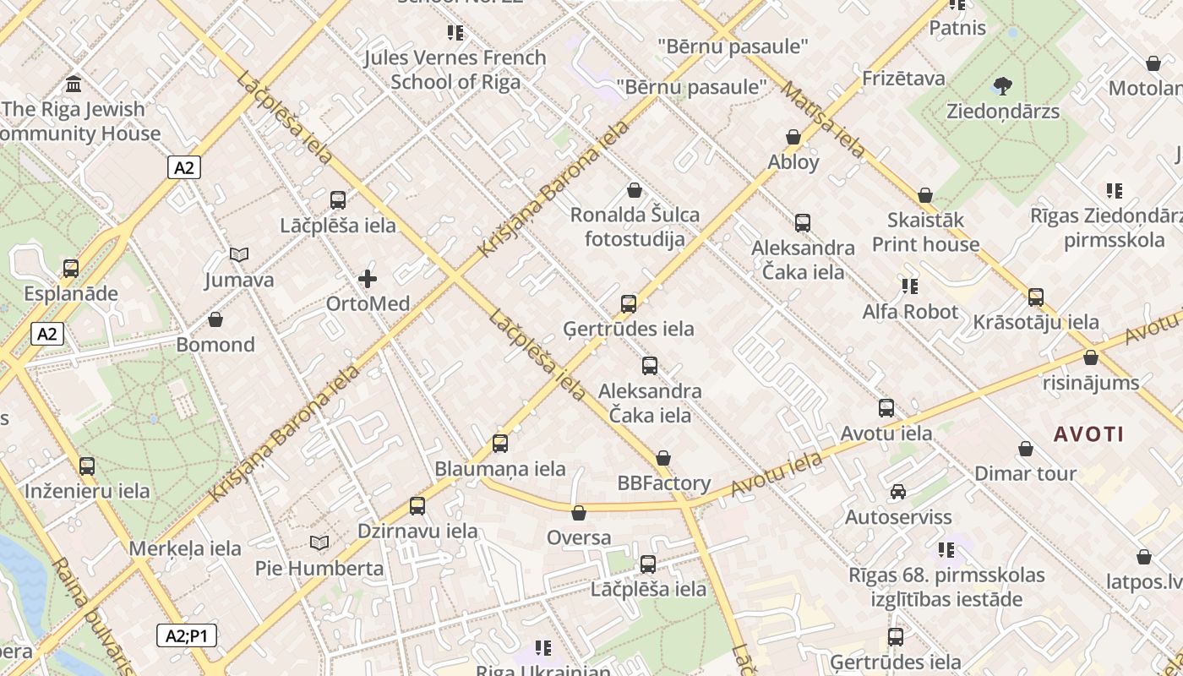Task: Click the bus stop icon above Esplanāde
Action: [x=71, y=269]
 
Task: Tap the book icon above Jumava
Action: [x=239, y=254]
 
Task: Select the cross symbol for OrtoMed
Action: [x=368, y=278]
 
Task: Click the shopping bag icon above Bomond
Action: [x=215, y=319]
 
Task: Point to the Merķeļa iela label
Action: [x=185, y=548]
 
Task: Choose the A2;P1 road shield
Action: [x=187, y=635]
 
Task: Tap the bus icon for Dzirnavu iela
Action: [x=417, y=506]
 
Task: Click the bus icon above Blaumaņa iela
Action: [x=500, y=444]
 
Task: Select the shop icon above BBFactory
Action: [x=663, y=458]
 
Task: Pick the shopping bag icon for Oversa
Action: [x=579, y=513]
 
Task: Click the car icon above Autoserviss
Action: [x=898, y=492]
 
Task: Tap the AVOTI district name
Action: [x=1088, y=434]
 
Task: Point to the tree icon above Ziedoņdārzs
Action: [x=1003, y=85]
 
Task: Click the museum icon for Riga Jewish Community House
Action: [x=74, y=84]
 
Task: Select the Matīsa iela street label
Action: [x=823, y=119]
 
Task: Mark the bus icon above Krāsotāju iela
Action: [x=1036, y=297]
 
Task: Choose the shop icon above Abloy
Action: [x=793, y=137]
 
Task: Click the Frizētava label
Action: [x=903, y=79]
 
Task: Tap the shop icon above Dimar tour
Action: [x=1026, y=449]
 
